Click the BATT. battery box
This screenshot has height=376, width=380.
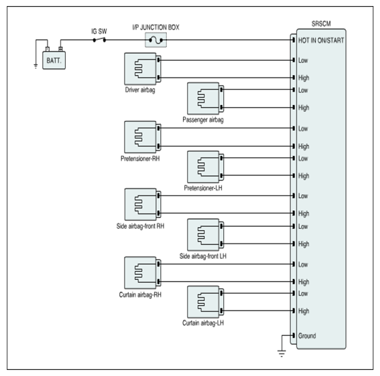click(54, 60)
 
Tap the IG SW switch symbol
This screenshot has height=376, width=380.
click(99, 40)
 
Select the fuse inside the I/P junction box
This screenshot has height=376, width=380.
click(156, 40)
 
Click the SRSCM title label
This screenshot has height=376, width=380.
click(321, 23)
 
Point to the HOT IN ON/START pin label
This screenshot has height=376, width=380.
click(321, 40)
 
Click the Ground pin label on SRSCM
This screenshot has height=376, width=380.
click(307, 336)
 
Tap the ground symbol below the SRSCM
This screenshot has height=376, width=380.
click(281, 353)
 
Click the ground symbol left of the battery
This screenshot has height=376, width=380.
click(36, 66)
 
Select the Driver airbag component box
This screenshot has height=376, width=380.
click(143, 69)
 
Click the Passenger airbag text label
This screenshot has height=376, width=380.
click(203, 120)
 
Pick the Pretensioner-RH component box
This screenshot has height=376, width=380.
click(143, 137)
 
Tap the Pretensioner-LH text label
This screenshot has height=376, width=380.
click(203, 188)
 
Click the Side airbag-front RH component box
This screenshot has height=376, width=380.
click(143, 205)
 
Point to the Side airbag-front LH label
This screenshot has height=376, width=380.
click(203, 256)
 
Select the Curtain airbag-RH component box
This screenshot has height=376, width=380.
click(143, 273)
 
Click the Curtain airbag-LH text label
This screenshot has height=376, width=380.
click(203, 323)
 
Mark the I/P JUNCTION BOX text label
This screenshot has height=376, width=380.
click(156, 27)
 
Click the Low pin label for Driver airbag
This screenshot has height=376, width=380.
click(303, 60)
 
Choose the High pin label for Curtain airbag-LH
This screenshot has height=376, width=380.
click(304, 311)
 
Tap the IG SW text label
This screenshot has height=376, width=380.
click(99, 31)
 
